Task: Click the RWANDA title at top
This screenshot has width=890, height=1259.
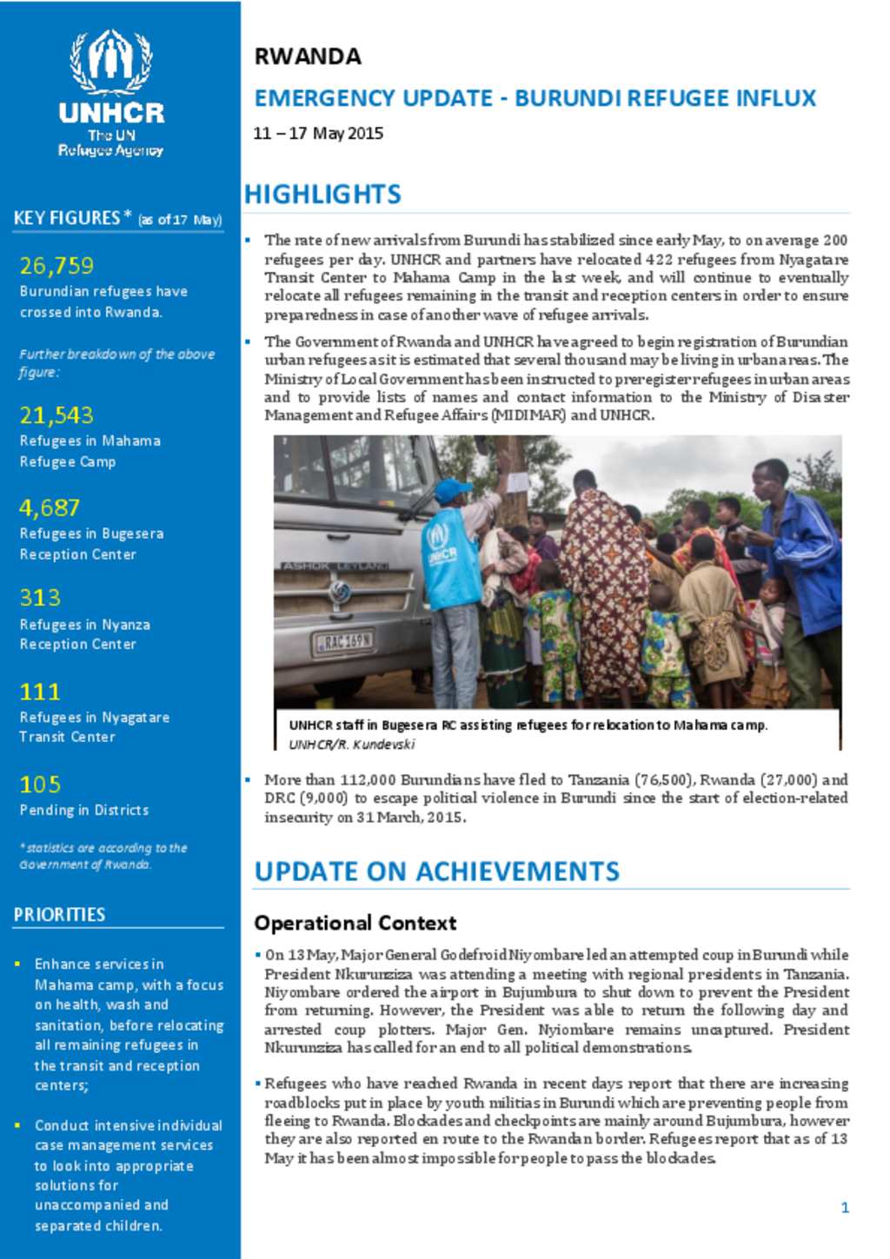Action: point(307,56)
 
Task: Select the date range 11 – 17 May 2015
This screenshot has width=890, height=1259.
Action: point(318,133)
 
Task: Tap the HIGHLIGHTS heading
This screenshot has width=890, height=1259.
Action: point(322,194)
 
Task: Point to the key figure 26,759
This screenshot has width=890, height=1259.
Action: point(56,265)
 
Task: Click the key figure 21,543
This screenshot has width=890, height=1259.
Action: point(56,415)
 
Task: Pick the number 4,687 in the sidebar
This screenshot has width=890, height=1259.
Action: point(50,507)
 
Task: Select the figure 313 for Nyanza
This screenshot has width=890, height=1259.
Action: point(40,598)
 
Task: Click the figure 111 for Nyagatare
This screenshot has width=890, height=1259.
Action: point(40,692)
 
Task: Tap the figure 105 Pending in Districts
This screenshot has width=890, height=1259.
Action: point(40,785)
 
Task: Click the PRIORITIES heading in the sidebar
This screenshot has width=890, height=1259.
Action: point(59,914)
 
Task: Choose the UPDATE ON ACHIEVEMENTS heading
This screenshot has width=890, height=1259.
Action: point(436,871)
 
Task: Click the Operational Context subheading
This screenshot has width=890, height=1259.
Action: point(355,923)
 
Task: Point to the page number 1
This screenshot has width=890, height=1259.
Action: point(844,1207)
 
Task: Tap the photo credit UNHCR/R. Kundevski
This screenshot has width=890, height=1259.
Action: point(351,744)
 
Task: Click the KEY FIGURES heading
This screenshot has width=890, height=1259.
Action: point(67,218)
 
